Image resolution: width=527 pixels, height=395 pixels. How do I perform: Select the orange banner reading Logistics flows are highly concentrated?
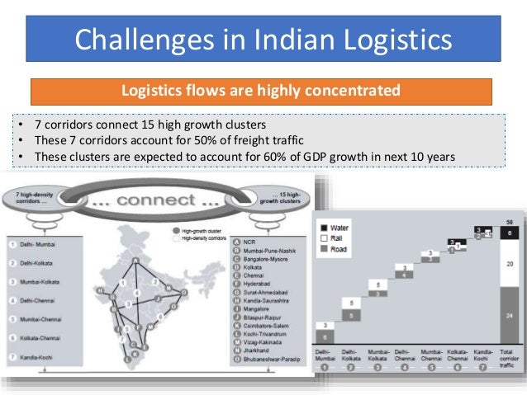pyautogui.click(x=261, y=91)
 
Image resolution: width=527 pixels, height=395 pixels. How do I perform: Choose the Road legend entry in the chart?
pyautogui.click(x=339, y=249)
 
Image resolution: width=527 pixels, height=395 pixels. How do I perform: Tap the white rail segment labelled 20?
pyautogui.click(x=511, y=263)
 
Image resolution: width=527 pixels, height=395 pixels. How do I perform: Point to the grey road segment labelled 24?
pyautogui.click(x=511, y=315)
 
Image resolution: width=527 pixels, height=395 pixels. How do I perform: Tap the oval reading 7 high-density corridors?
pyautogui.click(x=32, y=197)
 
